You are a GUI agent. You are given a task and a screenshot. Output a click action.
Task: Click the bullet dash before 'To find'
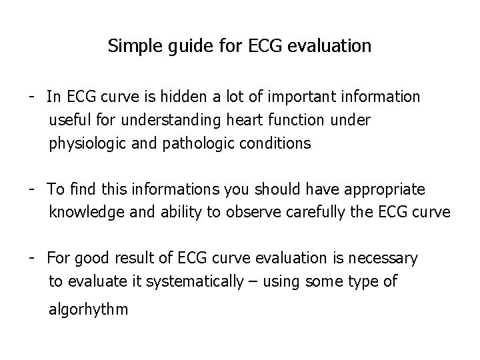pyautogui.click(x=31, y=190)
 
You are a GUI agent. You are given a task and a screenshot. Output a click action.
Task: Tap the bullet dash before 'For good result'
pyautogui.click(x=31, y=258)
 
